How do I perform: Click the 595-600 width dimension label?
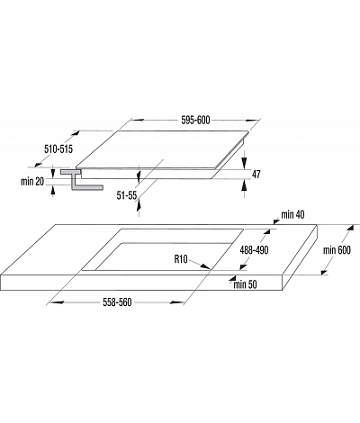[x=195, y=121]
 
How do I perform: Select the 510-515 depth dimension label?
[x=58, y=148]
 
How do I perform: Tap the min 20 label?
[x=32, y=182]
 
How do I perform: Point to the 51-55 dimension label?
[x=127, y=195]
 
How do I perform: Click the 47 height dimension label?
[x=256, y=174]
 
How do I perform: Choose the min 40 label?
[x=292, y=214]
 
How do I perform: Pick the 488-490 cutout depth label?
[x=254, y=250]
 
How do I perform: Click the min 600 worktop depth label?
[x=337, y=250]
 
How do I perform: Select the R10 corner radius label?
[x=181, y=259]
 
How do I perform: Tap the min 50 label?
[x=245, y=284]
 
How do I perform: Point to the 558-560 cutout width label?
[x=117, y=302]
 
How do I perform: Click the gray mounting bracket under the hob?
[x=82, y=180]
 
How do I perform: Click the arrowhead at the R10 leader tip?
[x=205, y=266]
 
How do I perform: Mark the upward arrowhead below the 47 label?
[x=245, y=185]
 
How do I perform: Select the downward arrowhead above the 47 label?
[x=245, y=163]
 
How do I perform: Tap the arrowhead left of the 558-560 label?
[x=57, y=302]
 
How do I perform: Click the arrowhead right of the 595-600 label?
[x=252, y=121]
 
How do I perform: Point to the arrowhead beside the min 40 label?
[x=275, y=221]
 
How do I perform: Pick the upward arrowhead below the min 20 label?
[x=53, y=191]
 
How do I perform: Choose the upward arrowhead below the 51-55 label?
[x=139, y=205]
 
